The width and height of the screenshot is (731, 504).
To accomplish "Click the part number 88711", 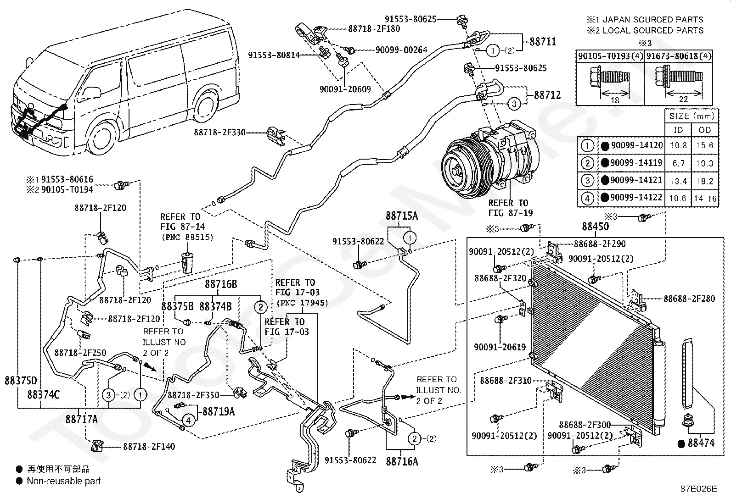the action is [543, 42].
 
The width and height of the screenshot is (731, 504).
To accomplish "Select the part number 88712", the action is [547, 95].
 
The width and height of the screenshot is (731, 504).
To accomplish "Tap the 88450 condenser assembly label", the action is [595, 227].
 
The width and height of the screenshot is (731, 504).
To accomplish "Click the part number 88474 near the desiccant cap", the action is [701, 443].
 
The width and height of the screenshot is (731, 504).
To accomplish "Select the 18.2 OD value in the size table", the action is [704, 181].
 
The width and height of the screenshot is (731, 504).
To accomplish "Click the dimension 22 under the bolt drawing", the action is [683, 99].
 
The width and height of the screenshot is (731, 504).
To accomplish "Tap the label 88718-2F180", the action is [374, 29].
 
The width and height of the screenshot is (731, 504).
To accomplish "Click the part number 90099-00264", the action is [401, 50].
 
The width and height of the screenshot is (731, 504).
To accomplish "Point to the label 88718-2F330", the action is [219, 133].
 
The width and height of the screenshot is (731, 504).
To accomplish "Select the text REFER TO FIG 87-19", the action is [511, 208].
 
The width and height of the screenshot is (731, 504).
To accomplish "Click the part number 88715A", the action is [402, 216].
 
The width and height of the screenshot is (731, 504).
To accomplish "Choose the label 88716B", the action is [221, 284].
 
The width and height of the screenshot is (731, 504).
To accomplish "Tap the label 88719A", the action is [219, 412].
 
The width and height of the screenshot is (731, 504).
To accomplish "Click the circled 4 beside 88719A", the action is [188, 420].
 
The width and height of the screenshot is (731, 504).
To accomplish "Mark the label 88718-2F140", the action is [149, 446].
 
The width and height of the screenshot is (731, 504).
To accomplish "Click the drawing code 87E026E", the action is [699, 489].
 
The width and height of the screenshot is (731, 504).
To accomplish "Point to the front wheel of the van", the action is [104, 138].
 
